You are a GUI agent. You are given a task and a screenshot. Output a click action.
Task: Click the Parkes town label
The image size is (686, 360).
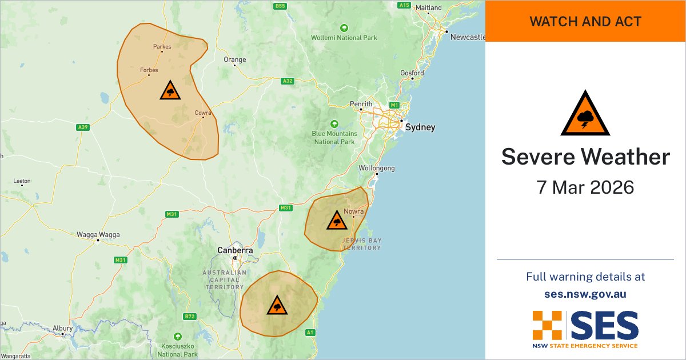coord(162,47)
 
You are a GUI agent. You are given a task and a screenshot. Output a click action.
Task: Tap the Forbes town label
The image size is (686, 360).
coord(149,70)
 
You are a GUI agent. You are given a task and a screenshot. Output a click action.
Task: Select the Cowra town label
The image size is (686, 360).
coord(202,113)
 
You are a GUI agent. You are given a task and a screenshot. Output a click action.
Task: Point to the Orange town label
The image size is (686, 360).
coord(234,59)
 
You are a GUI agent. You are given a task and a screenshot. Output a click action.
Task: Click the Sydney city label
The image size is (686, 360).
coord(420,127)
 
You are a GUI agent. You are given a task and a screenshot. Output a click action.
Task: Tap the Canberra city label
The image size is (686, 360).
coord(235,250)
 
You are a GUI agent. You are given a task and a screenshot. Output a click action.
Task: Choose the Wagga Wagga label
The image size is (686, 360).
coord(98,234)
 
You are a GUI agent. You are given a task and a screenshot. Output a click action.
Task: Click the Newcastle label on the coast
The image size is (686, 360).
coord(468,37)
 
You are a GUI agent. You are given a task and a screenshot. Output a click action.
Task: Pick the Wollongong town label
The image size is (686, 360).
coord(376,169)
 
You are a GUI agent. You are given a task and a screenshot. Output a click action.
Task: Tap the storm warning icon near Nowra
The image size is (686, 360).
coord(336,220)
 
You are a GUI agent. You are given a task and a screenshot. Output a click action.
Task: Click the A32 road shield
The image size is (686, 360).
coord(288,81)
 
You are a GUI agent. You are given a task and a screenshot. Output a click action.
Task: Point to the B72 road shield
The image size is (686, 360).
coord(190,316)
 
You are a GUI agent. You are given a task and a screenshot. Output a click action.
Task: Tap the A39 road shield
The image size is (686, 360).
coord(82,127)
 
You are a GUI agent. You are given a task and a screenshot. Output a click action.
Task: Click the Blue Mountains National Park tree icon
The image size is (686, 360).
coord(334,123)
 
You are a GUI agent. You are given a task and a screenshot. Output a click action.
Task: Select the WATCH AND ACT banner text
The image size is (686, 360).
coord(585,22)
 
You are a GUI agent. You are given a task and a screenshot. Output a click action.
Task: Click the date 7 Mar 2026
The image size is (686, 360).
coord(585,187)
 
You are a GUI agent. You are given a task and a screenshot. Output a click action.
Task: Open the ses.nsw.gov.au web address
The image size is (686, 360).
coord(585,294)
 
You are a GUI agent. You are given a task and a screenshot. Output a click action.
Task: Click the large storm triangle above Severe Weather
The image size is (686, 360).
coord(585,114)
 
